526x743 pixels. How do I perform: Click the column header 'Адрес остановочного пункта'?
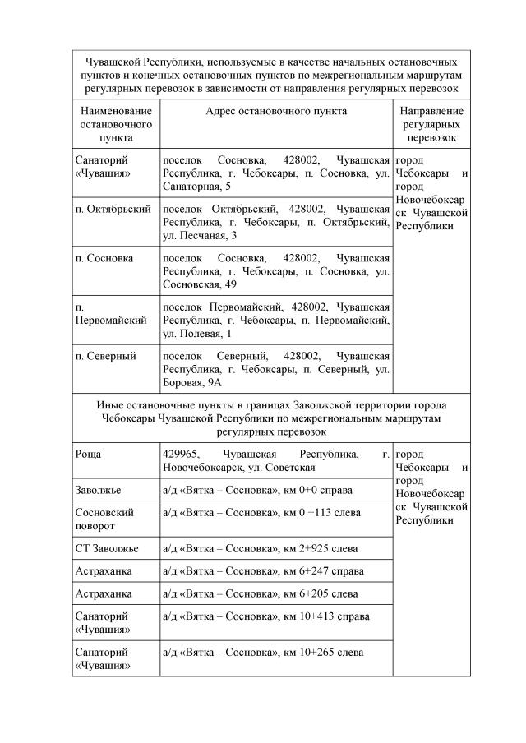(276, 111)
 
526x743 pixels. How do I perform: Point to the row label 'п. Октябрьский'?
(113, 209)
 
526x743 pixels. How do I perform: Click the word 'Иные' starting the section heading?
(110, 405)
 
